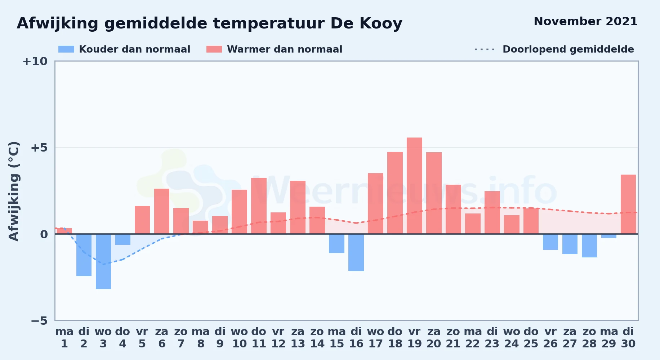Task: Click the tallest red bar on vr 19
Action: (414, 186)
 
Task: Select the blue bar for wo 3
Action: (103, 261)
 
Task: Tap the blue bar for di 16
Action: (356, 252)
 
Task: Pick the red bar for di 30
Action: (628, 204)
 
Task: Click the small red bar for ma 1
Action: (64, 231)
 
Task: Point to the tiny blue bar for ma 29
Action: (609, 236)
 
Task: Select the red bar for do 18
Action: (395, 193)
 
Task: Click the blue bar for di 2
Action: (84, 255)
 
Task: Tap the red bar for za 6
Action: (162, 211)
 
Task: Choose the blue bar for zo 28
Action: (589, 246)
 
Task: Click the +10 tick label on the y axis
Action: (35, 61)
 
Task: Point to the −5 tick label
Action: (39, 320)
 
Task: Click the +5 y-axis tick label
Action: (39, 148)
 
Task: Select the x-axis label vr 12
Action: (278, 338)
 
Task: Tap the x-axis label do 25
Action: (531, 338)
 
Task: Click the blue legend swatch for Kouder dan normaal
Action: (66, 49)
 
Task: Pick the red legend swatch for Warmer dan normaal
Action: (214, 49)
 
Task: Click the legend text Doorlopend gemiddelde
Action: (568, 49)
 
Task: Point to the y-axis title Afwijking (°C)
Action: (14, 191)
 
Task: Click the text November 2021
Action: (585, 21)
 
